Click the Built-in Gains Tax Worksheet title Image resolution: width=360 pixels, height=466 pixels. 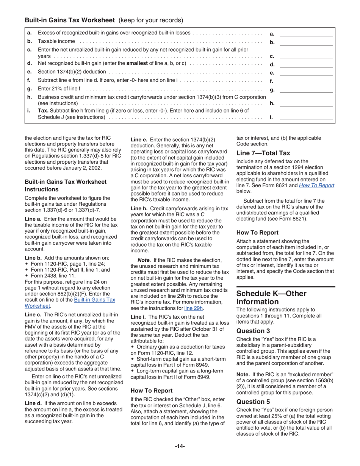[x=69, y=20]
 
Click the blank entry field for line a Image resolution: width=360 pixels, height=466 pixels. [x=306, y=34]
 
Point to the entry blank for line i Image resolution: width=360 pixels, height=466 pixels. [x=306, y=117]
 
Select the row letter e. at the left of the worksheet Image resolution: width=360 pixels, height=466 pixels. [x=30, y=72]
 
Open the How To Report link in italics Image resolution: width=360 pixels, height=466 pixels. [x=316, y=185]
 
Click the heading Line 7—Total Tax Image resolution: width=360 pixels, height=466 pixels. [x=263, y=153]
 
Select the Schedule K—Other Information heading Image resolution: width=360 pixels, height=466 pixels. [x=271, y=298]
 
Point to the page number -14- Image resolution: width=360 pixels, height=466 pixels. [x=180, y=446]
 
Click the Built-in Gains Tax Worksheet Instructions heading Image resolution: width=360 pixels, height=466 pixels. [x=65, y=186]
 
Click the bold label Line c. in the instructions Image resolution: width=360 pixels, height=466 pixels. [x=33, y=314]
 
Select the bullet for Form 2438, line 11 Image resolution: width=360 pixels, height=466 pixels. [x=26, y=276]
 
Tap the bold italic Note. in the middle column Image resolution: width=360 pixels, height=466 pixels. [x=144, y=260]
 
